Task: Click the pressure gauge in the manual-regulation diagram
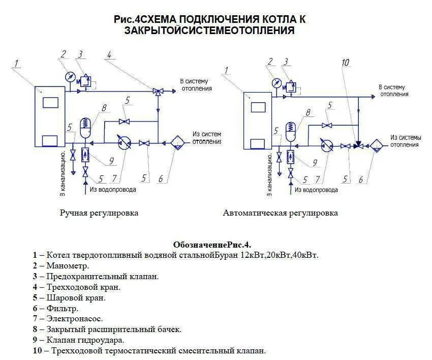point(69,76)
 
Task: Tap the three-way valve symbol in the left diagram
point(158,92)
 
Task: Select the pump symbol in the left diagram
point(123,143)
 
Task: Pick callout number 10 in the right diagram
point(346,63)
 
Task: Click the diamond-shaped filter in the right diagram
point(377,145)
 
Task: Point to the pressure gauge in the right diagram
point(276,82)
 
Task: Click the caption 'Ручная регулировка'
point(99,213)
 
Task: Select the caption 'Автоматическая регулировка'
point(280,213)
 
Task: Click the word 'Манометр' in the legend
point(68,265)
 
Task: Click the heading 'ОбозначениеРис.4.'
point(212,244)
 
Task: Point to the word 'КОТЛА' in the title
point(274,19)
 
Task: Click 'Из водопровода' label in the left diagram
point(113,190)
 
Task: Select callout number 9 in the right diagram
point(315,163)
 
